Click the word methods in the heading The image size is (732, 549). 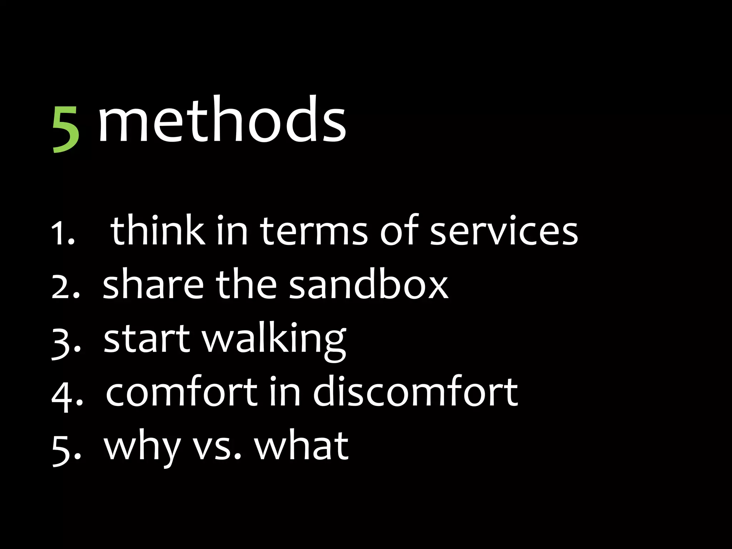tap(222, 120)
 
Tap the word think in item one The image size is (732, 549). tap(157, 231)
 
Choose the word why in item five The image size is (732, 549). tap(141, 447)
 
